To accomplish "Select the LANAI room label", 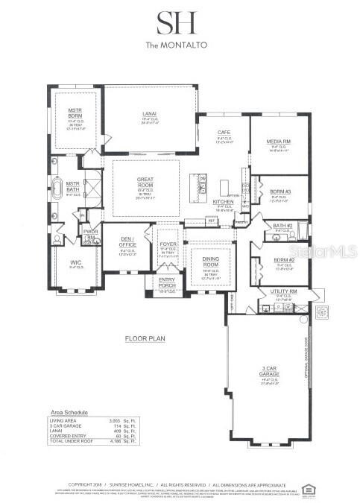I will pyautogui.click(x=150, y=116).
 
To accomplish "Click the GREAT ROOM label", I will pyautogui.click(x=145, y=181).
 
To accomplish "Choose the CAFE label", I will pyautogui.click(x=224, y=133).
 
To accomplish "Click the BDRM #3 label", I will pyautogui.click(x=280, y=192).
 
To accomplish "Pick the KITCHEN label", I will pyautogui.click(x=224, y=202).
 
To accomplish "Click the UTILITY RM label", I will pyautogui.click(x=285, y=292).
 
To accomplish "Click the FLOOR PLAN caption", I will pyautogui.click(x=145, y=338).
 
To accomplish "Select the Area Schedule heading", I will pyautogui.click(x=68, y=412).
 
